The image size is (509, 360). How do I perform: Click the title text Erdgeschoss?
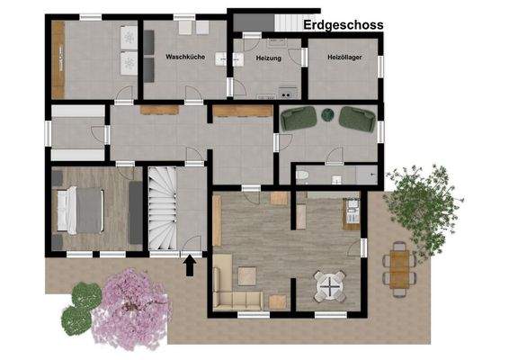(344, 25)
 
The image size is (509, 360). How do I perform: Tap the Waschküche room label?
(185, 57)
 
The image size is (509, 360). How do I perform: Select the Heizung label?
(268, 58)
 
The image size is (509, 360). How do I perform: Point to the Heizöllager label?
(343, 58)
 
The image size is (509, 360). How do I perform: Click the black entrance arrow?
(190, 264)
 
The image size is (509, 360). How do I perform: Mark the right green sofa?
(358, 116)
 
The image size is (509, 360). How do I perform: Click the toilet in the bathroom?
(303, 175)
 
